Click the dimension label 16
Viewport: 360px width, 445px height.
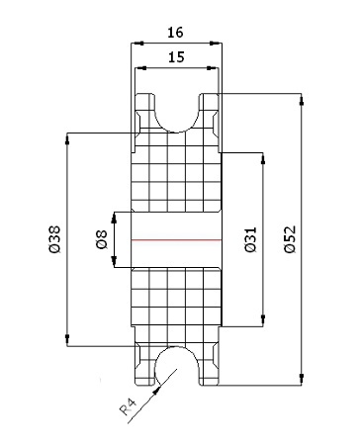[175, 33]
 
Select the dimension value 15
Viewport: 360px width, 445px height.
[176, 57]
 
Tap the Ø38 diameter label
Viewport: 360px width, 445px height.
[55, 239]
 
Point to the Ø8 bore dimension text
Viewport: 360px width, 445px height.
[102, 239]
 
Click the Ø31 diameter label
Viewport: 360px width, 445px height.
[250, 239]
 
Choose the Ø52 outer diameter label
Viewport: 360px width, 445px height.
[290, 239]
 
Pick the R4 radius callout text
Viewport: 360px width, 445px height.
[128, 406]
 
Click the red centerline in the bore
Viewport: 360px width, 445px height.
[176, 239]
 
